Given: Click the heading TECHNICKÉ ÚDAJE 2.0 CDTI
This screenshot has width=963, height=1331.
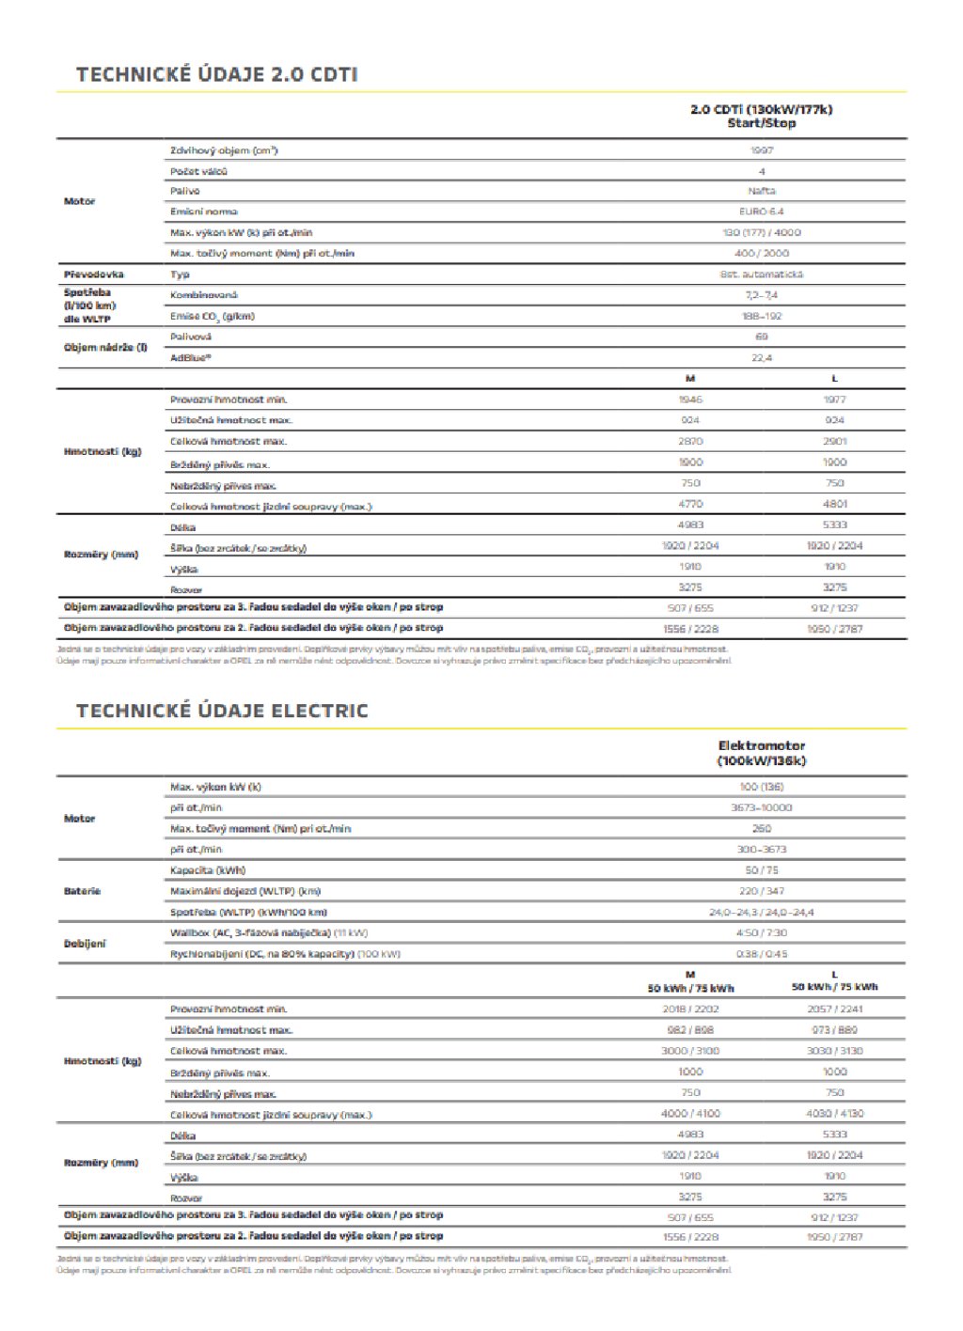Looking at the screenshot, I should tap(216, 75).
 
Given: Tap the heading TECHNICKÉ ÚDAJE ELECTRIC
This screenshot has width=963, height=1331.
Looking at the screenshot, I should tap(222, 711).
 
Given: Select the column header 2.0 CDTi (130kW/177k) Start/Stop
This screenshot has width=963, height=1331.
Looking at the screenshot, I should tap(761, 117).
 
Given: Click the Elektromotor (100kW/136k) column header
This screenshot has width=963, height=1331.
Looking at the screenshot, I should tap(761, 753).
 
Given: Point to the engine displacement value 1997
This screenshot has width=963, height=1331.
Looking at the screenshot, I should tap(761, 150).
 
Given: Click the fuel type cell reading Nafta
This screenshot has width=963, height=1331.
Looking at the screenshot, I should tap(761, 191).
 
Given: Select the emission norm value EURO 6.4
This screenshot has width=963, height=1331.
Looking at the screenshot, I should tap(761, 211).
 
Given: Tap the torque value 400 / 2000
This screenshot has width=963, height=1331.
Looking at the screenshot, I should tap(761, 253).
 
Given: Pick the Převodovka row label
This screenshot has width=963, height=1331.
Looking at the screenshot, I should tap(94, 274).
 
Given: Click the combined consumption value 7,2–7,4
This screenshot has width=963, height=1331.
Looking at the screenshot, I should tap(761, 295).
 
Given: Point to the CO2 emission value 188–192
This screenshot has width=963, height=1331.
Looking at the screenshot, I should tap(761, 316).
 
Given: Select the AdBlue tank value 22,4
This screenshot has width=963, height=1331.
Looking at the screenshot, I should tap(761, 358).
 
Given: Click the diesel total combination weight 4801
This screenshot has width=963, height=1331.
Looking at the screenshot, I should tap(834, 505).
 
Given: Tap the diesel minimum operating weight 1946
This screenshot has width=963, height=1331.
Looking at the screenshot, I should tap(690, 399).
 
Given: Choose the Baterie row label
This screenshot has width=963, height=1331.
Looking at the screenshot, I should tap(82, 891).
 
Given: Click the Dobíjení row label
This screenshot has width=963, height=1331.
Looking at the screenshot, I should tap(86, 944).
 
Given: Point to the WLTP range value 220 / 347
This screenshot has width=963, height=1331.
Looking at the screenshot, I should tap(761, 891).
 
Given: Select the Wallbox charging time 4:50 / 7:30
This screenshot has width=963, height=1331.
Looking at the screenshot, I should tap(761, 933).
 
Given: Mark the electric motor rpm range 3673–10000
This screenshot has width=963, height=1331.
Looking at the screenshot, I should tap(761, 807).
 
